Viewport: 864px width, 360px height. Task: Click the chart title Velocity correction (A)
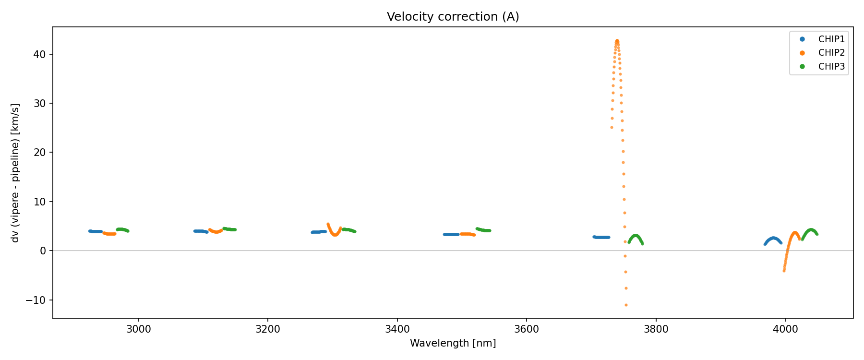click(453, 17)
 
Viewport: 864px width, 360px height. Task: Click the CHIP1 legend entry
click(831, 39)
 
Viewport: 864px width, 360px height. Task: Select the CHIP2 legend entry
click(831, 53)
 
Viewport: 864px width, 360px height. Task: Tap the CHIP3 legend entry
click(831, 67)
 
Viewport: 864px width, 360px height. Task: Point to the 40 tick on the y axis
click(40, 54)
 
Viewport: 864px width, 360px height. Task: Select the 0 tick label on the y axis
click(43, 251)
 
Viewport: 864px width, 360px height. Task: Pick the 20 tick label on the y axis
click(40, 153)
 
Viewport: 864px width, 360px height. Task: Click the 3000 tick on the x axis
click(139, 329)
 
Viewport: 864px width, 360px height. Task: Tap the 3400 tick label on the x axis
click(397, 329)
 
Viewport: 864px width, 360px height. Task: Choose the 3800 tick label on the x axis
click(656, 329)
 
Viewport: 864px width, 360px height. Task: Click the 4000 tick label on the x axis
click(785, 329)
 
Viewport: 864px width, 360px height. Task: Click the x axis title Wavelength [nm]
click(453, 343)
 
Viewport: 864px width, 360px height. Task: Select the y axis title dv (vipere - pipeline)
click(15, 173)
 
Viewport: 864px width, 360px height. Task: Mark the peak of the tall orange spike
click(617, 41)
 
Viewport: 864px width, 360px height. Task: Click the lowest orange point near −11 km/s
click(626, 305)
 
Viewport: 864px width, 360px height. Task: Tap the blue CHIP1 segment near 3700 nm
click(601, 237)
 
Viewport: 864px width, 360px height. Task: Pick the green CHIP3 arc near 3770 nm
click(636, 236)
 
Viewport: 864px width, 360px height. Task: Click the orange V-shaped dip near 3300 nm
click(335, 235)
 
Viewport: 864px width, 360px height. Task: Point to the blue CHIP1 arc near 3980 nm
click(773, 238)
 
